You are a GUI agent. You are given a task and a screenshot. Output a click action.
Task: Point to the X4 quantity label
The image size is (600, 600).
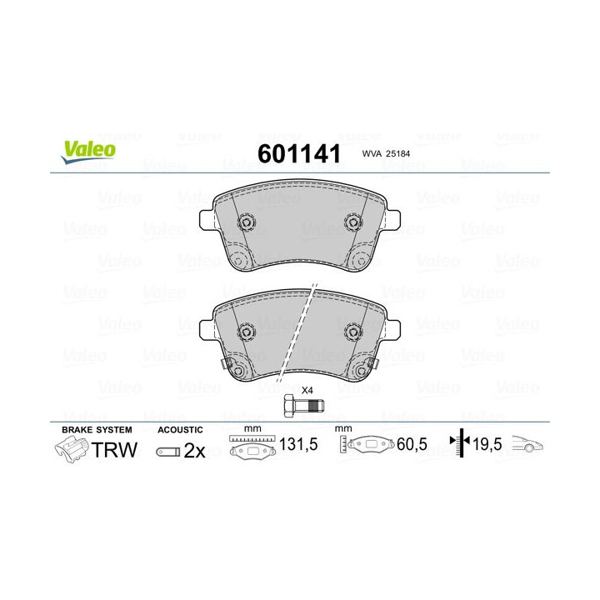click(x=306, y=390)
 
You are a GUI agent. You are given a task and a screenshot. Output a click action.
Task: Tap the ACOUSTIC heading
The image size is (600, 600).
click(x=179, y=428)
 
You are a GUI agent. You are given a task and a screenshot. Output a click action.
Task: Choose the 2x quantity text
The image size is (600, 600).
click(x=194, y=451)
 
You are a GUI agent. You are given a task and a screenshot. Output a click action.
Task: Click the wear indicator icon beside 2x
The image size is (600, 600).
click(x=167, y=452)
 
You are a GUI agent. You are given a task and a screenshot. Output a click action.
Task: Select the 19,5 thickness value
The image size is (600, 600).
click(x=488, y=445)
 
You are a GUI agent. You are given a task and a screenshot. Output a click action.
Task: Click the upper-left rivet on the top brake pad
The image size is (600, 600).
click(x=247, y=223)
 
